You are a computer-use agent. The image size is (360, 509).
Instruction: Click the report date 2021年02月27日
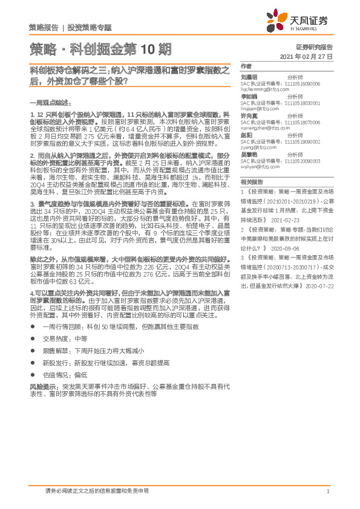pyautogui.click(x=307, y=56)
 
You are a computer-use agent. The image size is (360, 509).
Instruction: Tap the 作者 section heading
pyautogui.click(x=245, y=66)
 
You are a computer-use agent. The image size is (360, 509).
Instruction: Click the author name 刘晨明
pyautogui.click(x=249, y=77)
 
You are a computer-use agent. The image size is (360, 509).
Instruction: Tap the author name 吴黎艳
pyautogui.click(x=249, y=155)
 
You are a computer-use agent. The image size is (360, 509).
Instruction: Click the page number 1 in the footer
pyautogui.click(x=327, y=491)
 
